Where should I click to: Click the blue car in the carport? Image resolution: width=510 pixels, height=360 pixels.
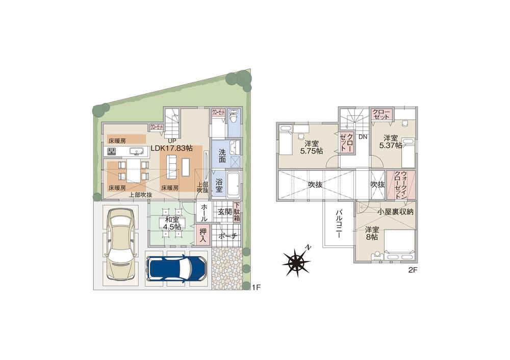(x=176, y=267)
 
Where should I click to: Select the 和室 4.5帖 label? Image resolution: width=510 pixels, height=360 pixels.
(x=172, y=224)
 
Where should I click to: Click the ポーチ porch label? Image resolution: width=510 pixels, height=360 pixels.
(x=227, y=236)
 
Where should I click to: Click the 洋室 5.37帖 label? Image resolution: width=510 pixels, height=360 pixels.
(x=392, y=141)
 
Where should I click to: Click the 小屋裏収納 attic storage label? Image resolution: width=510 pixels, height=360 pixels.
(x=395, y=211)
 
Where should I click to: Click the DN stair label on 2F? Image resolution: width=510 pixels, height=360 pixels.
(x=363, y=137)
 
